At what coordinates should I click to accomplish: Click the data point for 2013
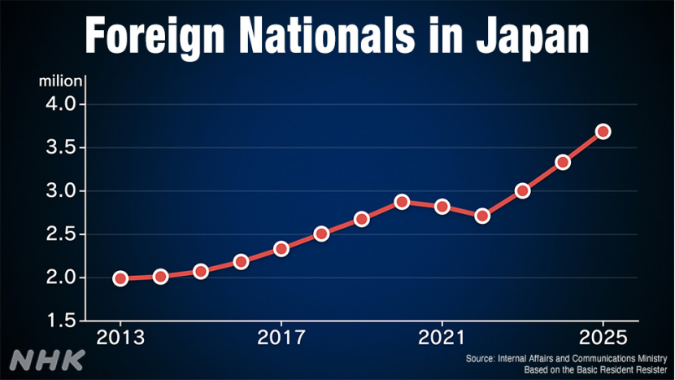tap(120, 278)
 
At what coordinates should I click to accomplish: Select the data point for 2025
tap(603, 131)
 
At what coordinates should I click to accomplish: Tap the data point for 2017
tap(281, 248)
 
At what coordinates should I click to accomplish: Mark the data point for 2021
tap(442, 207)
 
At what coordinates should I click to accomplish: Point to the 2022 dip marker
tap(482, 216)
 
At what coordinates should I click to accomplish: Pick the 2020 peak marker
tap(402, 202)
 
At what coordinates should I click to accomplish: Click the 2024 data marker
tap(563, 162)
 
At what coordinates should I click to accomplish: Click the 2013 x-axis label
tap(120, 336)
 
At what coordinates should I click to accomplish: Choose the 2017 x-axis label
tap(281, 336)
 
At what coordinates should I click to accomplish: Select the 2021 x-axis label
tap(442, 336)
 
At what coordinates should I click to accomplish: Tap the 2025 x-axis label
tap(603, 336)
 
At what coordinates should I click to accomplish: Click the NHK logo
tap(48, 359)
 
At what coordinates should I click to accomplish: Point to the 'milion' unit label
tap(60, 81)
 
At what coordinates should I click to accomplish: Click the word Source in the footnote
tap(479, 358)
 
